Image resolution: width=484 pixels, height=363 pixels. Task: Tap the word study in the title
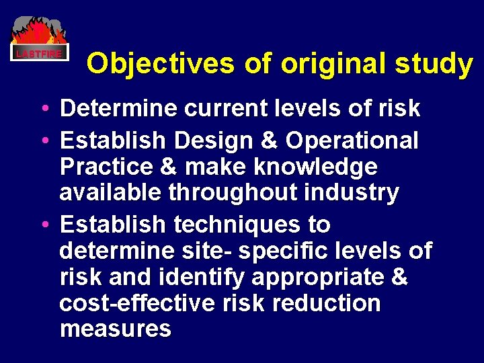[436, 63]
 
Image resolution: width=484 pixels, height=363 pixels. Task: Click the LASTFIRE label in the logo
[40, 53]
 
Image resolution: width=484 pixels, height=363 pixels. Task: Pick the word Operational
[352, 141]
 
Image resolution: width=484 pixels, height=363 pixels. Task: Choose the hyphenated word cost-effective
[135, 303]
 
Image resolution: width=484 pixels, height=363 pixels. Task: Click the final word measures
[115, 329]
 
